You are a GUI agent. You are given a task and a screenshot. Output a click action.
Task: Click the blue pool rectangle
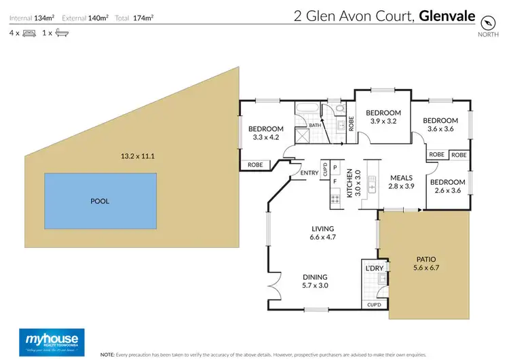click(x=99, y=201)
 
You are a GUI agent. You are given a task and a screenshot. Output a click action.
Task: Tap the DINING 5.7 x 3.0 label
click(x=316, y=281)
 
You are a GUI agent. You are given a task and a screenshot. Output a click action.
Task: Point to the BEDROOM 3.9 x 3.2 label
click(x=383, y=117)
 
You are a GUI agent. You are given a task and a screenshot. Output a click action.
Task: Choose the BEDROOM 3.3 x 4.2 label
click(x=265, y=133)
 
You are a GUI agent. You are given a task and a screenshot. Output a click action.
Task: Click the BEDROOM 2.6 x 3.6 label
click(x=447, y=186)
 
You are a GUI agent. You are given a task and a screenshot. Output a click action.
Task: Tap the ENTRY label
click(x=309, y=173)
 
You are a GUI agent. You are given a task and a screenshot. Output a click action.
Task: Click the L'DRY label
click(x=375, y=270)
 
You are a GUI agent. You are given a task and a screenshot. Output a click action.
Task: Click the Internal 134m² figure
click(x=31, y=16)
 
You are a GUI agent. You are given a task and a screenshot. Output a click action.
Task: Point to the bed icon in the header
click(x=29, y=33)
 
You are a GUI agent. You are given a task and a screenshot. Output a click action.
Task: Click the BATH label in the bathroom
click(x=315, y=125)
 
